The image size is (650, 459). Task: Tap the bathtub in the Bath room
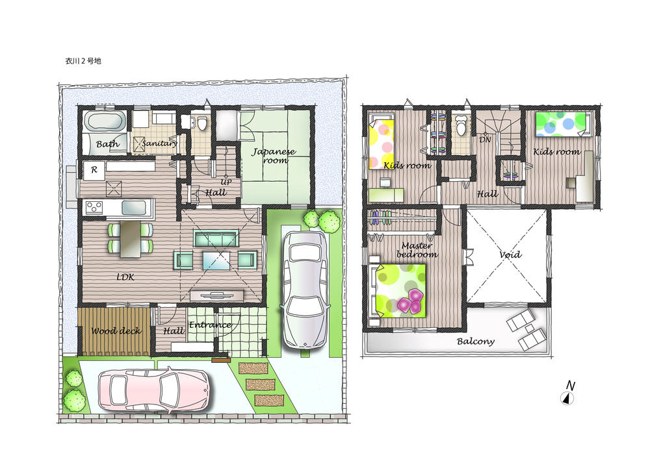(105, 123)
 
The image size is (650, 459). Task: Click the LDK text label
(125, 277)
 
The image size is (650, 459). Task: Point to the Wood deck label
(116, 331)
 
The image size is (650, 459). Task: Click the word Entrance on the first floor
(209, 325)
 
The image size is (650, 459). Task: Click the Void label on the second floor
(510, 255)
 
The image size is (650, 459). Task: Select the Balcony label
(475, 341)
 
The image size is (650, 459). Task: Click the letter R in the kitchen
(95, 170)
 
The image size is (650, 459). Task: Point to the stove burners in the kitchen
(94, 208)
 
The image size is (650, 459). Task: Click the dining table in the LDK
(130, 237)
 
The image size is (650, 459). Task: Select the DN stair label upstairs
(485, 139)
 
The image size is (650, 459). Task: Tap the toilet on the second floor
(462, 125)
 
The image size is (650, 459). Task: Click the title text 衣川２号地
(79, 60)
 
